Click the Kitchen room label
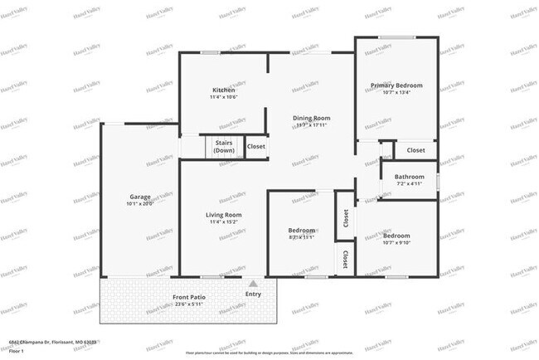[224, 90]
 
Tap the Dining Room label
[311, 118]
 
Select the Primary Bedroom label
[396, 85]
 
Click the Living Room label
[223, 215]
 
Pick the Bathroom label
[410, 176]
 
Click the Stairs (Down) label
[224, 147]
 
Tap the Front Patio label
[189, 297]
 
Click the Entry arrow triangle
[253, 284]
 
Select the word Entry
[253, 294]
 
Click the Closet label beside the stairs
[256, 147]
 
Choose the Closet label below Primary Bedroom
[415, 150]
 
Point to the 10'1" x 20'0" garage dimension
[140, 203]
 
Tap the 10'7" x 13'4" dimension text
[396, 93]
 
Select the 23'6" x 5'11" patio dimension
[189, 304]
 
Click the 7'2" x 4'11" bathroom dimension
[410, 183]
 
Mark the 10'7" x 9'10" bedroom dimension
[396, 243]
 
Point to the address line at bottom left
[51, 342]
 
